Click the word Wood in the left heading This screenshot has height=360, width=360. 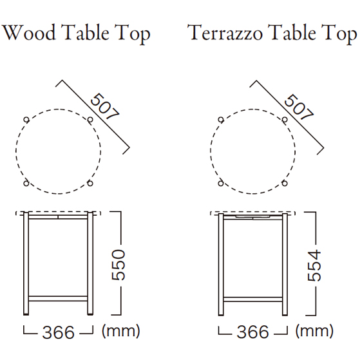coord(29,32)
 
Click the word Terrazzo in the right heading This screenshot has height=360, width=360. coord(225,32)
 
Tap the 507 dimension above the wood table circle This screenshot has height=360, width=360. coord(105,106)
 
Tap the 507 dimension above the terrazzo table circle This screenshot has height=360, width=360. coord(299,107)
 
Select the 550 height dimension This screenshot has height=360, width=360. coord(118,265)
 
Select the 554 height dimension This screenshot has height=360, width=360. coord(314,265)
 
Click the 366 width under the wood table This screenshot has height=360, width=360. coord(59,332)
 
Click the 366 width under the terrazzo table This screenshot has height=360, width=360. coord(252,332)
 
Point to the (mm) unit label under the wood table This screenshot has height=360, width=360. coord(121,331)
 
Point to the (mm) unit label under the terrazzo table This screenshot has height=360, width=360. coord(314,331)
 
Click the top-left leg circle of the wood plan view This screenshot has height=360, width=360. coord(26,120)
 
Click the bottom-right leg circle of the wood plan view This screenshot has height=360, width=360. coord(90,183)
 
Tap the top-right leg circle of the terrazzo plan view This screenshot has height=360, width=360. coord(285,120)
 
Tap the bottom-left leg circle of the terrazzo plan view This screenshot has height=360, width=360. coord(221,183)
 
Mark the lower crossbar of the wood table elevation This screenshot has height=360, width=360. coord(58,298)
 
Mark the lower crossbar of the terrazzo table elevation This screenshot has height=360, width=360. coord(253,299)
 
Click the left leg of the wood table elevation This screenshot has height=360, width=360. coord(26,263)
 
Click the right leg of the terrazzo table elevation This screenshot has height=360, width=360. coord(285,265)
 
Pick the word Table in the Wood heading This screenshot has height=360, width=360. coord(85,32)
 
